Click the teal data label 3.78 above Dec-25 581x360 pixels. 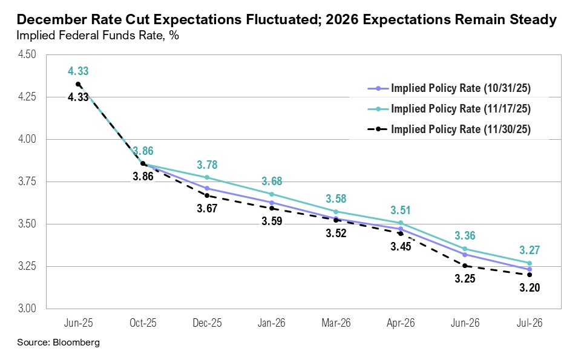coord(207,165)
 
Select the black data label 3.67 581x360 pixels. coord(207,209)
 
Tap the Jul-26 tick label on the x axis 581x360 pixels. coord(529,323)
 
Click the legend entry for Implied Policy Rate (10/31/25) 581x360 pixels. coord(461,88)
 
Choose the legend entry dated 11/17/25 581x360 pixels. coord(461,109)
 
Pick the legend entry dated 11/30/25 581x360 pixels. coord(461,129)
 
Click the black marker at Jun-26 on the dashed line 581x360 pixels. coord(465,266)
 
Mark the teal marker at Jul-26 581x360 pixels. coord(530,263)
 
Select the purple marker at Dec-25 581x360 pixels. coord(207,188)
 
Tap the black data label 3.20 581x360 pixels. coord(529,288)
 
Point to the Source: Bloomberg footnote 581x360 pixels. coord(58,342)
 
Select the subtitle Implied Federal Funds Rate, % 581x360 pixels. coord(97,36)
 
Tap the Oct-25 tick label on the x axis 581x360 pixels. coord(143,323)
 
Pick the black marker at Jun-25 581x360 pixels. coord(78,84)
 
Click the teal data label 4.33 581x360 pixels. coord(78,71)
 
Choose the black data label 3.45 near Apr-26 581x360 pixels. coord(400,247)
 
